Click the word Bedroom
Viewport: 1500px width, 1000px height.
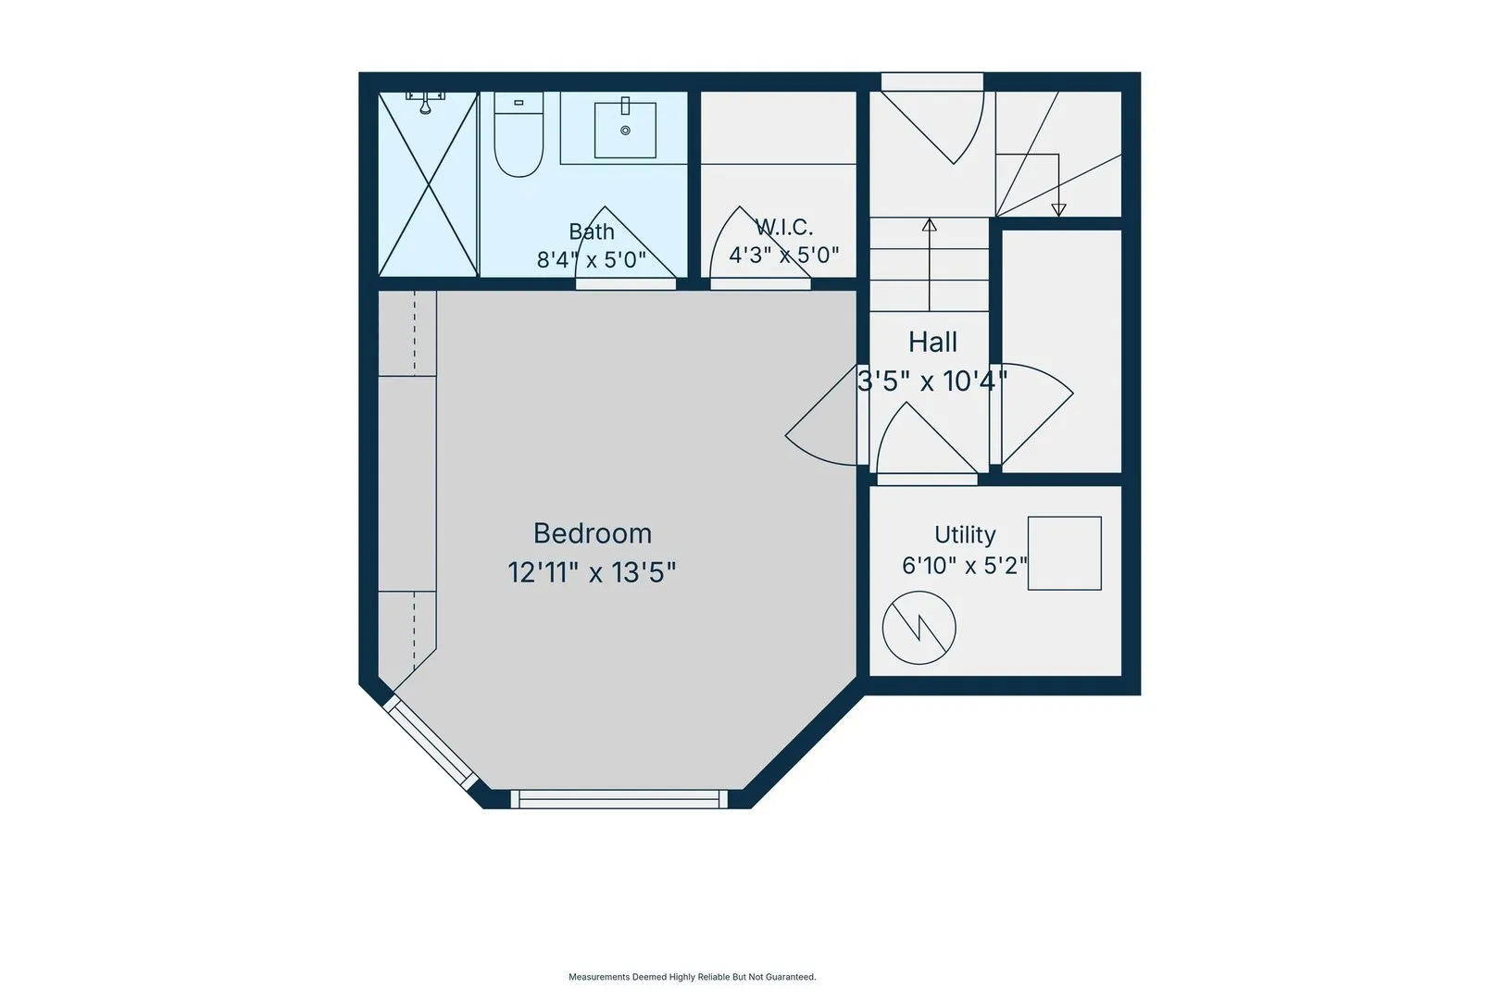[x=592, y=534]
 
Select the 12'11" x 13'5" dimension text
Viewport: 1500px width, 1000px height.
[x=592, y=572]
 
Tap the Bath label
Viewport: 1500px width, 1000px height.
[x=592, y=231]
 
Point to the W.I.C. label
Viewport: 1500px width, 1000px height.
[x=783, y=227]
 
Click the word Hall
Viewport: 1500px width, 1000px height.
[x=932, y=343]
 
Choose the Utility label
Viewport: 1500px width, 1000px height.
[x=964, y=534]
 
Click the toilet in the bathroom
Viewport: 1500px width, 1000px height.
[x=519, y=134]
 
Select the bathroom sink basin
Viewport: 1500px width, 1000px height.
[x=625, y=130]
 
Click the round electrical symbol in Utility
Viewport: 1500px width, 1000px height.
[x=919, y=628]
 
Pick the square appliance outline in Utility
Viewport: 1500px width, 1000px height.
[x=1065, y=554]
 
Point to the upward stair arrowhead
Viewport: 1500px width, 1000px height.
[x=929, y=225]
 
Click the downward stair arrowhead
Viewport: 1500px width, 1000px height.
[x=1058, y=210]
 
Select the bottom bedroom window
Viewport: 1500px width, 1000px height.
[x=619, y=799]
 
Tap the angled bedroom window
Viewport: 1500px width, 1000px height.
[x=431, y=743]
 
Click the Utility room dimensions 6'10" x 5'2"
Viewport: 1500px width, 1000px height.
[x=964, y=566]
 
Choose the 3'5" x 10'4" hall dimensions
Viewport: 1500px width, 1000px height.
[x=932, y=381]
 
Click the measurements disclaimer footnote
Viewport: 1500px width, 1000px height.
[x=693, y=977]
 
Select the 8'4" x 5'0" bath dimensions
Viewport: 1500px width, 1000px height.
[x=592, y=260]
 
